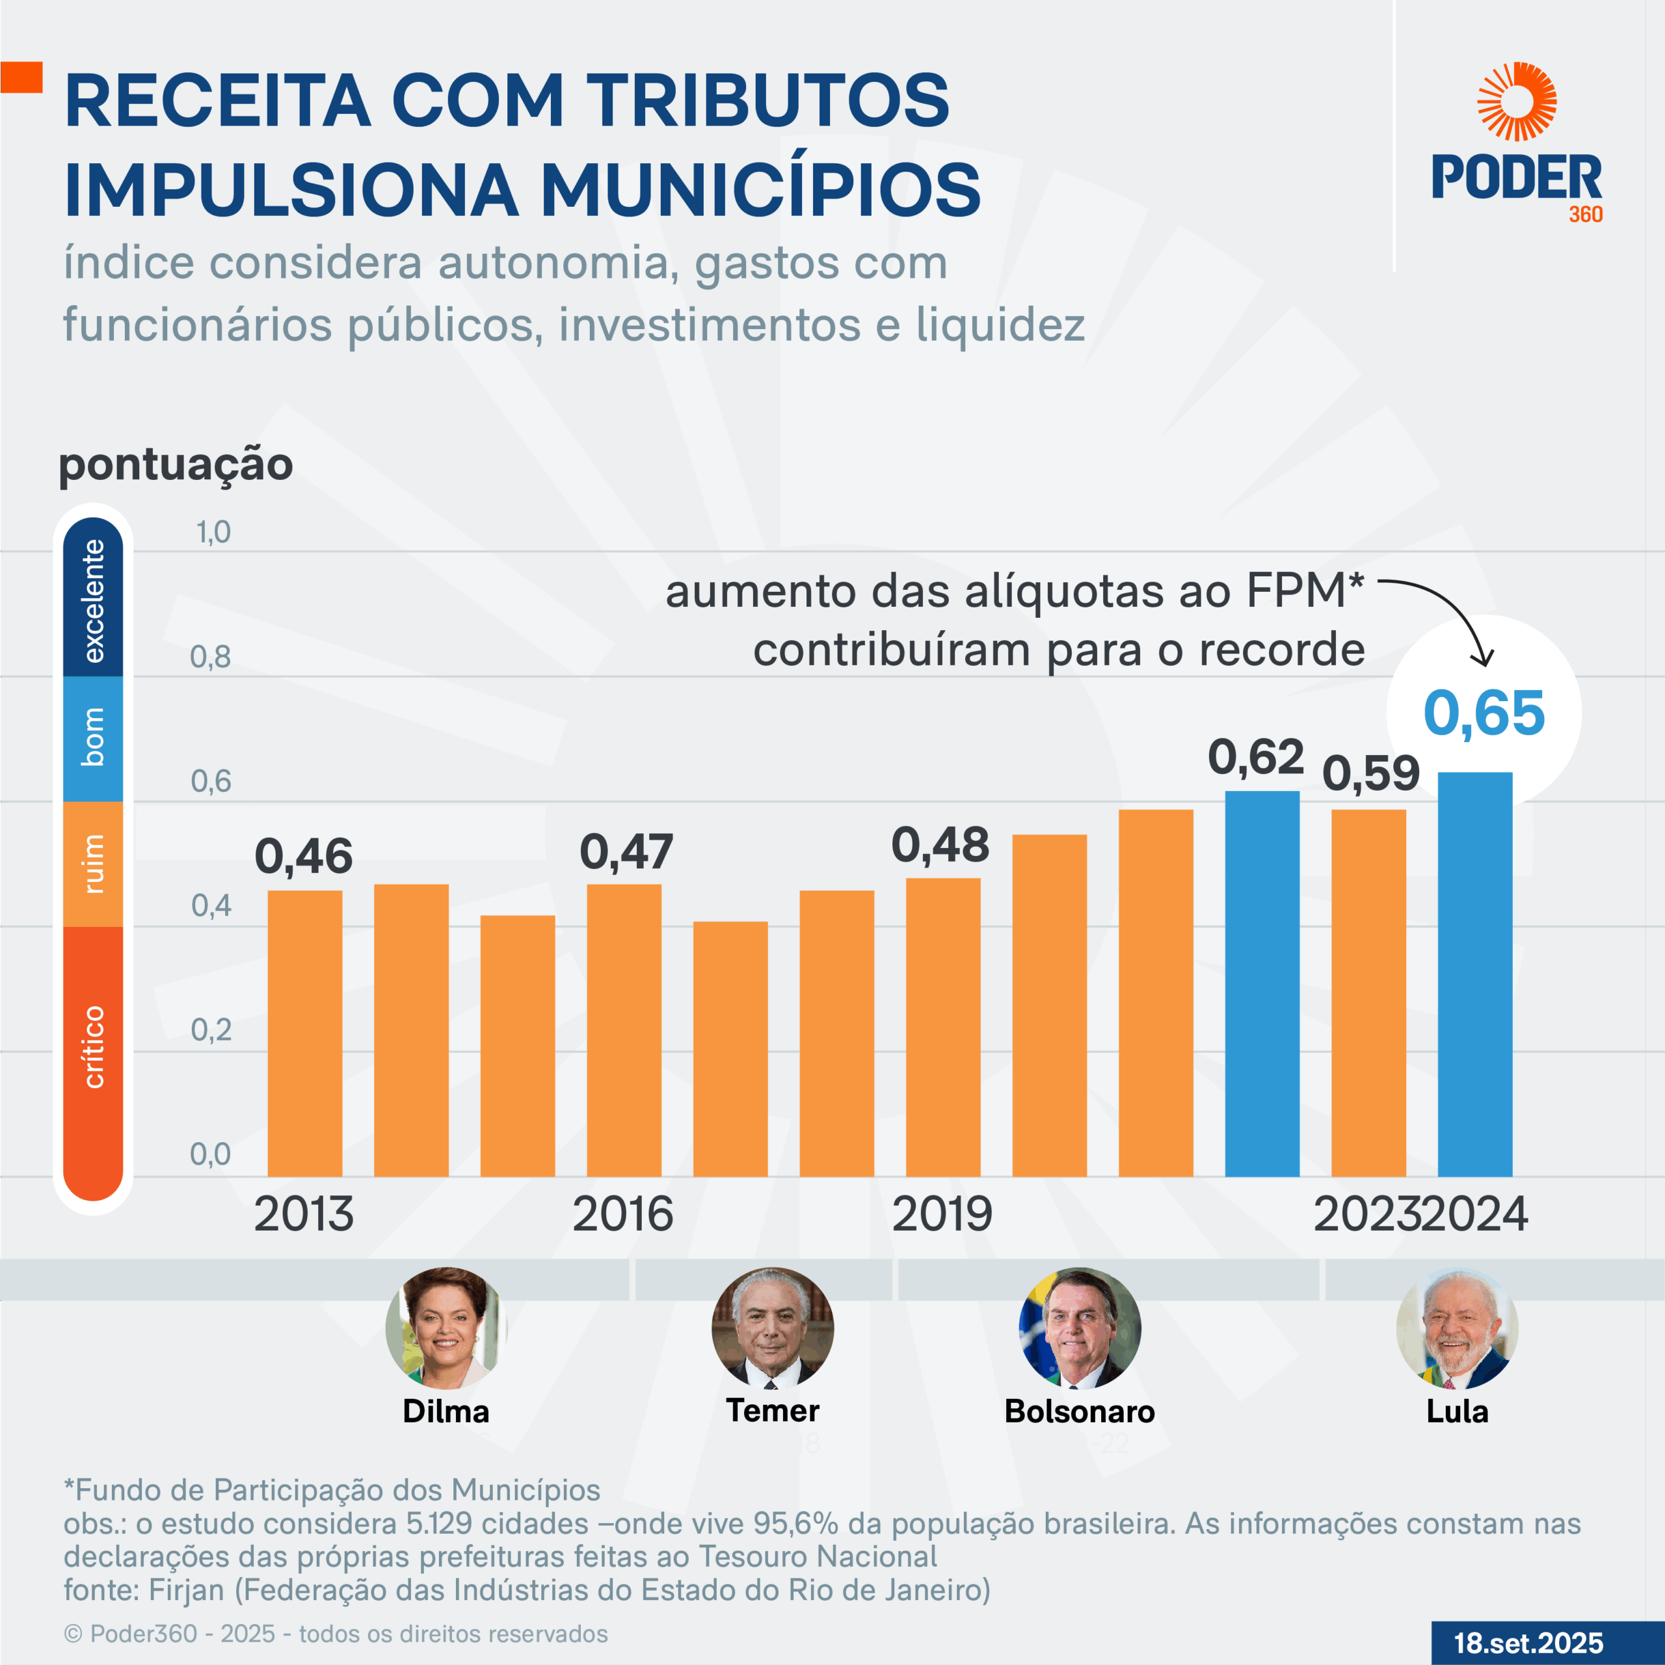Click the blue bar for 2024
(x=1474, y=974)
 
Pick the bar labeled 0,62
(x=1262, y=983)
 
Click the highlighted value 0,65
(x=1483, y=713)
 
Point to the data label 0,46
(x=303, y=856)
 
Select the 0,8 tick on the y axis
(x=210, y=658)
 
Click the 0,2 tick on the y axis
(x=210, y=1030)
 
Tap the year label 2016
(x=622, y=1214)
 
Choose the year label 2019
(x=942, y=1214)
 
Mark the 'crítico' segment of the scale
(x=93, y=1047)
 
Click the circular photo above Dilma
(x=446, y=1328)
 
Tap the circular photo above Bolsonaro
(x=1079, y=1328)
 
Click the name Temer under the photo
(x=772, y=1411)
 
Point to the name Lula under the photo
(x=1456, y=1411)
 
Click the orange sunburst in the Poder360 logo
(x=1517, y=101)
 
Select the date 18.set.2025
(x=1529, y=1643)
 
